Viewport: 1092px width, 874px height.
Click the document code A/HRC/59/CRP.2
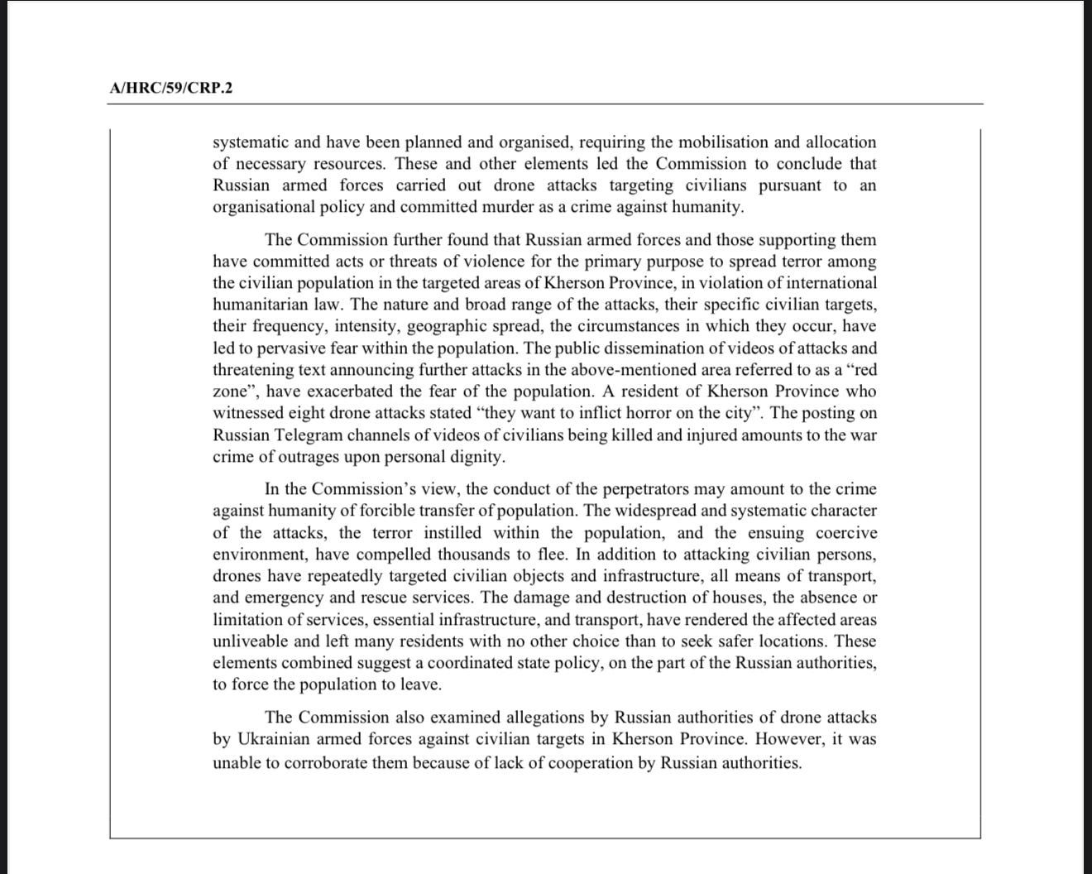coord(170,88)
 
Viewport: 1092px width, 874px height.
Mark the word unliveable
coord(251,641)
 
